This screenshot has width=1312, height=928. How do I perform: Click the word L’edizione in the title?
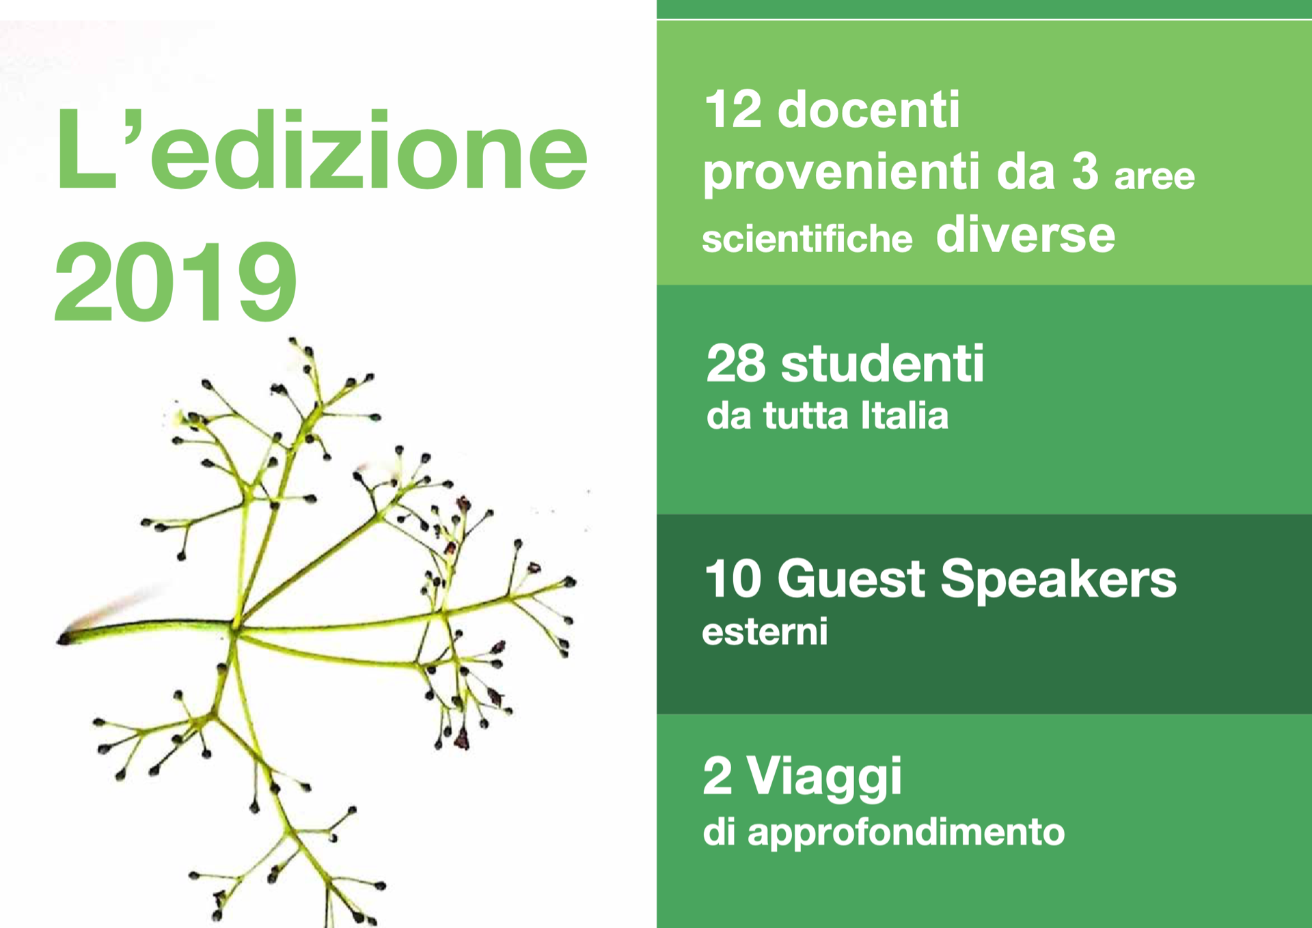(x=321, y=149)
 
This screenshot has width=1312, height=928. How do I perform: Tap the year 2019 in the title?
(x=176, y=281)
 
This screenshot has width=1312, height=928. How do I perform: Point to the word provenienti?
(x=841, y=172)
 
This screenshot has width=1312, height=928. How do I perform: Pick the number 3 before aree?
(x=1085, y=171)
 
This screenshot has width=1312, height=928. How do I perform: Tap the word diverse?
(x=1025, y=234)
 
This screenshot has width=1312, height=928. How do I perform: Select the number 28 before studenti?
(x=736, y=363)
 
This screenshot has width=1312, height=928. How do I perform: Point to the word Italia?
(x=905, y=415)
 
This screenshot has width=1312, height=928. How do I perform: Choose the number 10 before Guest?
(x=733, y=579)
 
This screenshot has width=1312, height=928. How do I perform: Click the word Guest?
(x=851, y=578)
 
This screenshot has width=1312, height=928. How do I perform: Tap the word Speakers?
(x=1058, y=579)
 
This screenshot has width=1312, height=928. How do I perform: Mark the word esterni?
(x=765, y=632)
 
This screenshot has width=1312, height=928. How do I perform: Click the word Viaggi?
(x=824, y=778)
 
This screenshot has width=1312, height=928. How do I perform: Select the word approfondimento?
(x=906, y=832)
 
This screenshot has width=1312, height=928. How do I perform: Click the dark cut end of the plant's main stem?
(x=64, y=639)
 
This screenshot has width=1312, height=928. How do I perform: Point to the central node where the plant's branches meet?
(x=234, y=627)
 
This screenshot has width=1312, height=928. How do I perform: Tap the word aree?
(x=1155, y=177)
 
